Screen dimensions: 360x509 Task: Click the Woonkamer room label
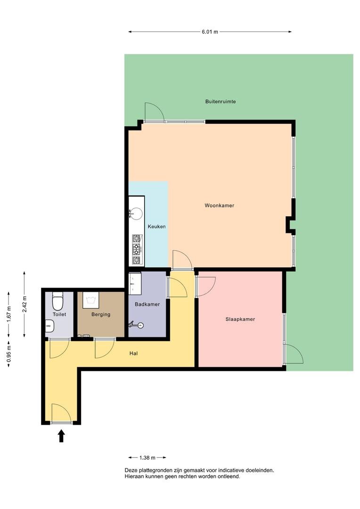click(219, 205)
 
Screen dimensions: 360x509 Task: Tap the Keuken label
click(156, 227)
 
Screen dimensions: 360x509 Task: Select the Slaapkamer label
click(240, 319)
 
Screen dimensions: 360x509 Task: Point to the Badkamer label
click(147, 304)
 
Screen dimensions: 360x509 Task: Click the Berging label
click(101, 314)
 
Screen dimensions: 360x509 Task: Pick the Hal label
click(133, 353)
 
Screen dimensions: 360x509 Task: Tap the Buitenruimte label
click(221, 102)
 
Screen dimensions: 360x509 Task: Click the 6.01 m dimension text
click(210, 32)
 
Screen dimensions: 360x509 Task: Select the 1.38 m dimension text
click(147, 458)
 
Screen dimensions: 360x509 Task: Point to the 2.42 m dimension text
click(25, 304)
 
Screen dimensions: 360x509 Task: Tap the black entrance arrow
click(61, 436)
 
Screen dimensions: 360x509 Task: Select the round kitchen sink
click(136, 214)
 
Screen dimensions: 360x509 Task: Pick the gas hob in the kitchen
click(137, 249)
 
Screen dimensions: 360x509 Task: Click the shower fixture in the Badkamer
click(136, 324)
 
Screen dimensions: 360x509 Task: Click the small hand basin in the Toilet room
click(49, 326)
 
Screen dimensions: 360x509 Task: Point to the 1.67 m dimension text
click(9, 314)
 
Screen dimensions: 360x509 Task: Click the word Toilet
click(59, 314)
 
